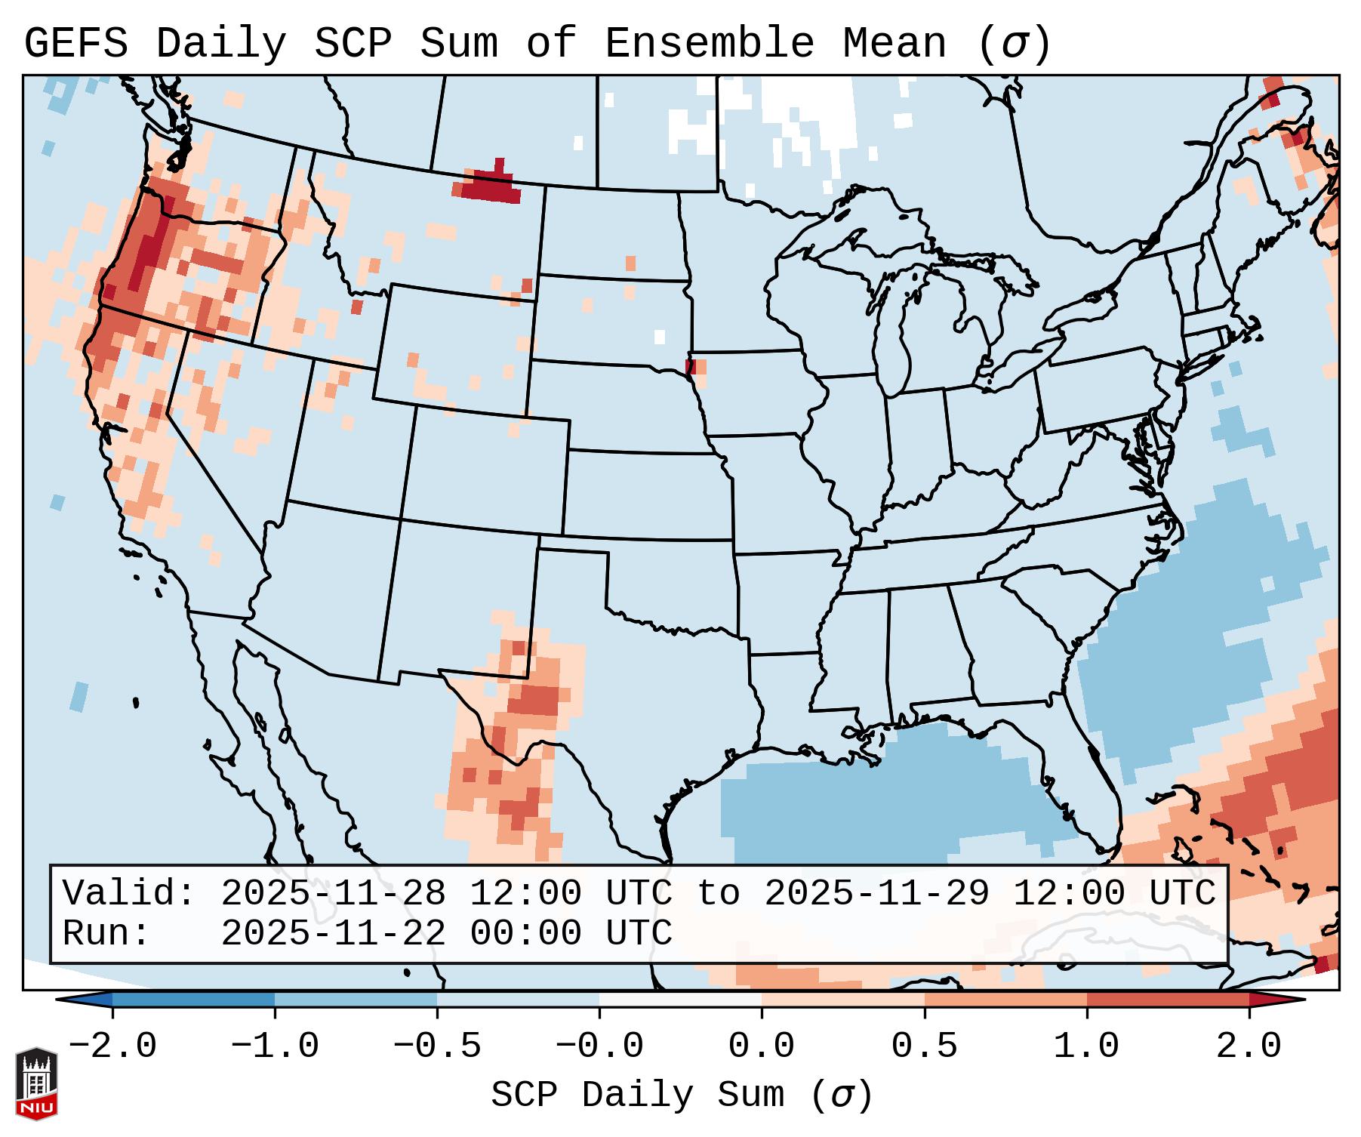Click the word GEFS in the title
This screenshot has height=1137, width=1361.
coord(75,44)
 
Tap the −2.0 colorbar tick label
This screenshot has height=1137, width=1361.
coord(112,1046)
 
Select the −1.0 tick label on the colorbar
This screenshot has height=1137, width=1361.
coord(275,1046)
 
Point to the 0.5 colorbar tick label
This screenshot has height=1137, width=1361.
coord(924,1046)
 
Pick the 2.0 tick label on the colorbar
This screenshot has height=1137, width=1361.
coord(1249,1046)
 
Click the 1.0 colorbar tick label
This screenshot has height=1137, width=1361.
coord(1086,1046)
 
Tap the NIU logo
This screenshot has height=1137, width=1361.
coord(36,1083)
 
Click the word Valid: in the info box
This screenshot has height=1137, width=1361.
coord(129,893)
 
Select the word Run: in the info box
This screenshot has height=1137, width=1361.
coord(106,933)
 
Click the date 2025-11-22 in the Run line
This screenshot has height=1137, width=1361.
coord(333,933)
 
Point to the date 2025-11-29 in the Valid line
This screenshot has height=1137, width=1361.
coord(876,893)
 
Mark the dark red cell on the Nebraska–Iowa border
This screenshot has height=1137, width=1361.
coord(690,367)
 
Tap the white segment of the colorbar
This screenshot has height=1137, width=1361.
coord(680,1000)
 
